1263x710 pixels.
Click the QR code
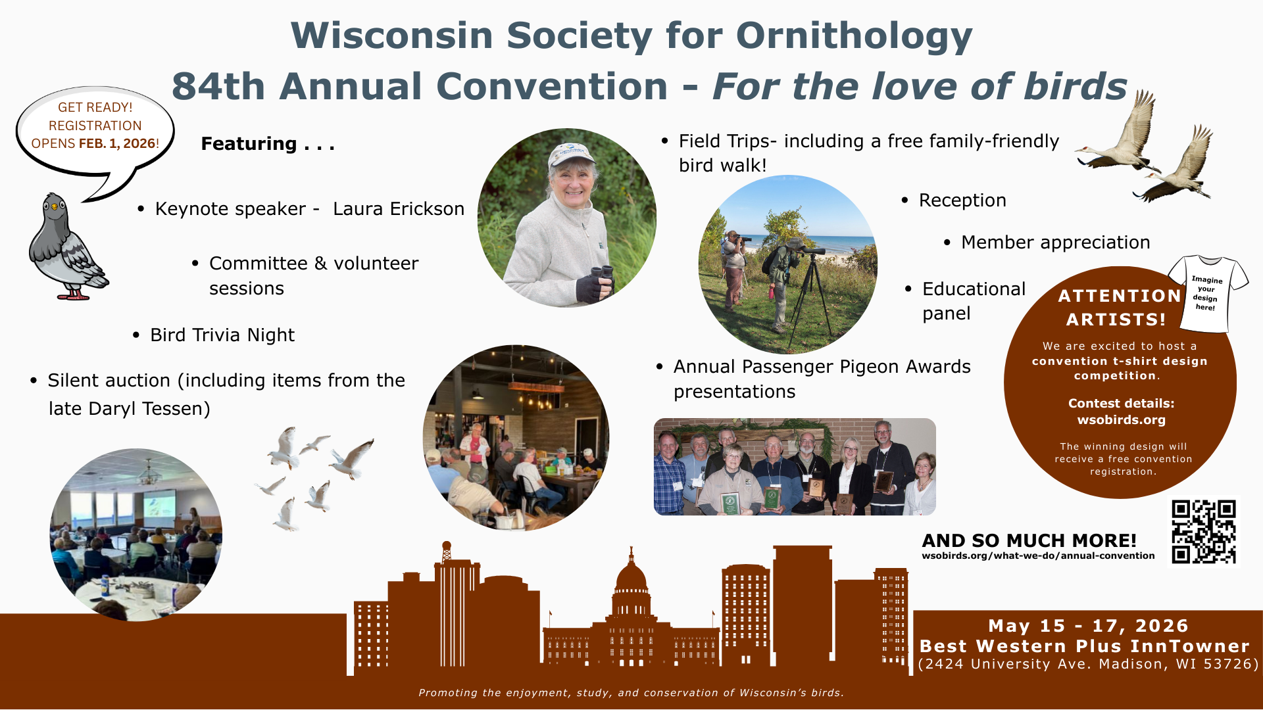[1204, 531]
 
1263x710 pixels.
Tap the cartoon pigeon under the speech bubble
[67, 247]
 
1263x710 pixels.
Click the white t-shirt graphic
[1208, 293]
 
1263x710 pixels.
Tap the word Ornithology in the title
[854, 35]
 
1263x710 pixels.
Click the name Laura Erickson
[399, 209]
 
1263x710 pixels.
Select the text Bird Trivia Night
[222, 335]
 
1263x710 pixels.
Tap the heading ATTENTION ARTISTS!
[1120, 308]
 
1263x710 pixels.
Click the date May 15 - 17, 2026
[1089, 626]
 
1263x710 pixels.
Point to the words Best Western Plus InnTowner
[1085, 646]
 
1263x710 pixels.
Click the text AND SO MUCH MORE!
[1029, 540]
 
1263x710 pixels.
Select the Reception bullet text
[962, 201]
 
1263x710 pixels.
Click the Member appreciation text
[1055, 243]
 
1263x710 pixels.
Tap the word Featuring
[249, 144]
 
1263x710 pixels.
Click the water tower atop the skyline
[447, 551]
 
